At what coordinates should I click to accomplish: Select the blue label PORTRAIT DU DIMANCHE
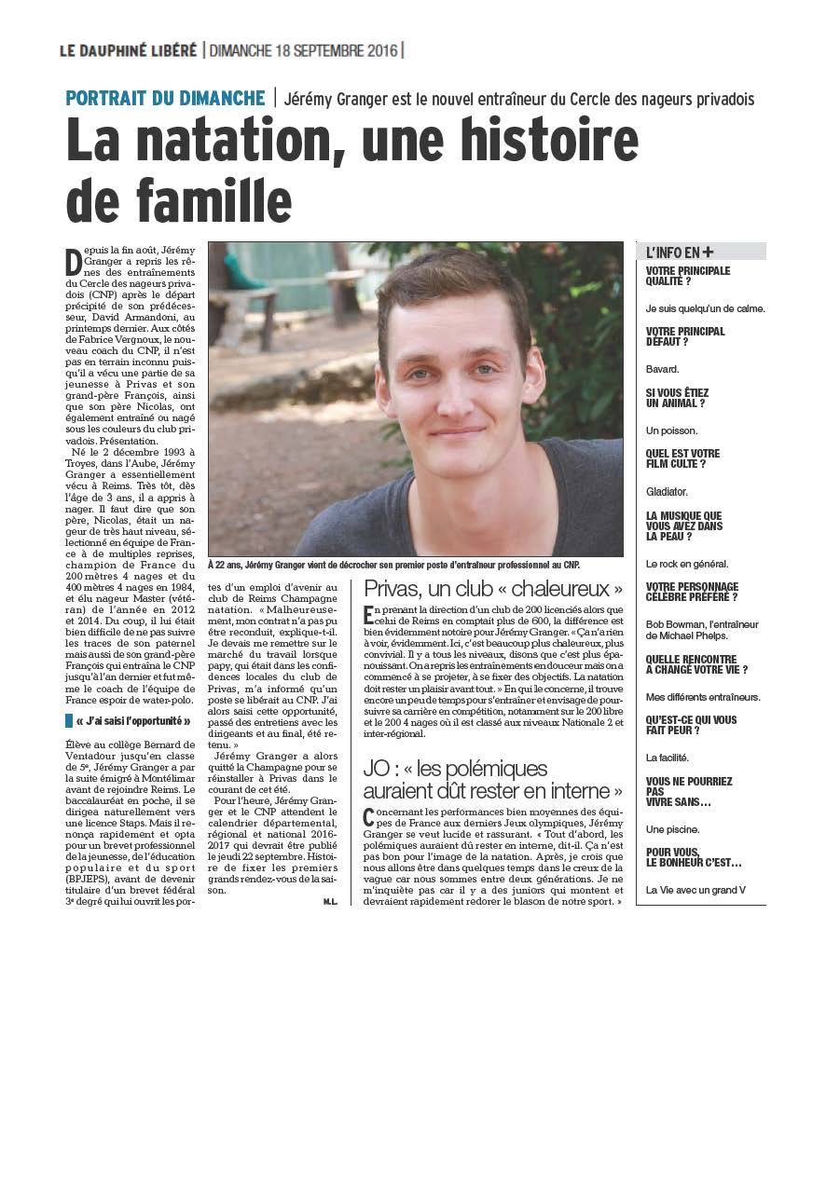(x=165, y=98)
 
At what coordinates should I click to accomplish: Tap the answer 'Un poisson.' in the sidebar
(x=671, y=430)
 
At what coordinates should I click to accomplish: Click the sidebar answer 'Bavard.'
(x=663, y=369)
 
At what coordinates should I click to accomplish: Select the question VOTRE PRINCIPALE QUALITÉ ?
(x=688, y=276)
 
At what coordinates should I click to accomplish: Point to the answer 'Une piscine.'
(x=672, y=829)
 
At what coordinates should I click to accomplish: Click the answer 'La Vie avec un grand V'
(x=695, y=890)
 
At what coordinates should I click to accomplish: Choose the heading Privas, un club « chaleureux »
(x=493, y=589)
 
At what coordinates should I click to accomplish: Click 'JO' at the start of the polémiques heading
(x=377, y=769)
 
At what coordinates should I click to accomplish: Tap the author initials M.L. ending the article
(x=330, y=902)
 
